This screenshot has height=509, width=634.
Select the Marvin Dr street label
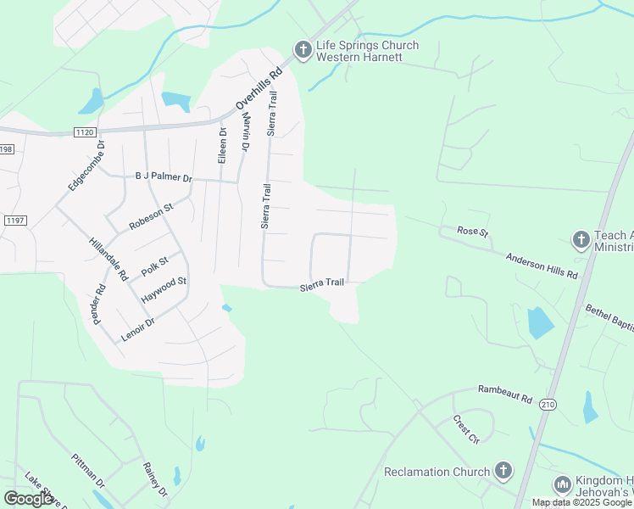(x=245, y=131)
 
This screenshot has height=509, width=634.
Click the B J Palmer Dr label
(x=164, y=178)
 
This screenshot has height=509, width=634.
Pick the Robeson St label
(x=151, y=216)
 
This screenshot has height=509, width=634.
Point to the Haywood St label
(x=164, y=289)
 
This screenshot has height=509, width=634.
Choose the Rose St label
(x=473, y=231)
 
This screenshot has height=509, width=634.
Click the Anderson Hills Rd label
(x=542, y=266)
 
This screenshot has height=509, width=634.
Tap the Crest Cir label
(x=465, y=429)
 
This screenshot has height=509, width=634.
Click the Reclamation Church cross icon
(x=503, y=471)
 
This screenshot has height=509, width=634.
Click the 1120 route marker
(x=85, y=132)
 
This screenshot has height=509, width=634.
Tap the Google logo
(x=29, y=498)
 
